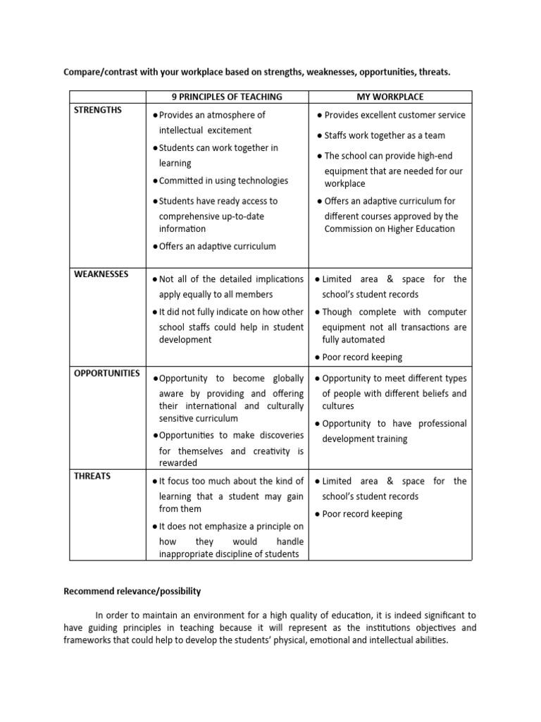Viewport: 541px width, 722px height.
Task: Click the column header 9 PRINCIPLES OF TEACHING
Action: pyautogui.click(x=227, y=97)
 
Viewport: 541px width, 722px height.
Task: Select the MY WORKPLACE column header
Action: pyautogui.click(x=390, y=97)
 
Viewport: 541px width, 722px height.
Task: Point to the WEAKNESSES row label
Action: pyautogui.click(x=101, y=274)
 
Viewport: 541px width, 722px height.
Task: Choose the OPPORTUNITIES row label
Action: pyautogui.click(x=106, y=373)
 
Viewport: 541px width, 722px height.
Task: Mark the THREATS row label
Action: pyautogui.click(x=92, y=476)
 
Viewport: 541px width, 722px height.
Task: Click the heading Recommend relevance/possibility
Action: pyautogui.click(x=132, y=591)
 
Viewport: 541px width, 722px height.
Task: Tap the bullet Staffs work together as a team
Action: pyautogui.click(x=385, y=135)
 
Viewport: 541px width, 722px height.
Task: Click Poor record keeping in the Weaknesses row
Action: pyautogui.click(x=362, y=357)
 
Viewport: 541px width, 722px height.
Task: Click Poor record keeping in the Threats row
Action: pyautogui.click(x=362, y=514)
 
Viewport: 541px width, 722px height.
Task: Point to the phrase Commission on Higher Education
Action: pyautogui.click(x=390, y=228)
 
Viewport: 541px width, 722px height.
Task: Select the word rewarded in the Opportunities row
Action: pyautogui.click(x=178, y=463)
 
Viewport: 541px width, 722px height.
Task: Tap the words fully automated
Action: pyautogui.click(x=354, y=340)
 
